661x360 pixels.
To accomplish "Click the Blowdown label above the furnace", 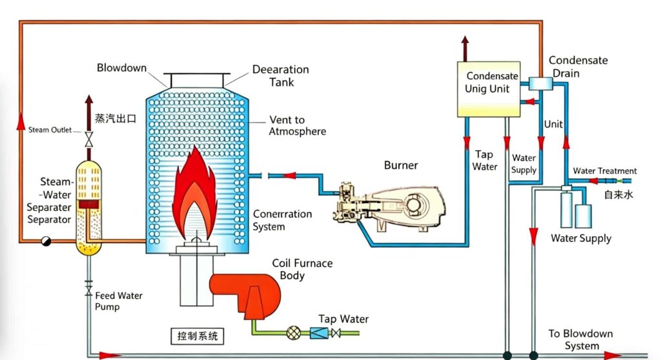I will pyautogui.click(x=122, y=68).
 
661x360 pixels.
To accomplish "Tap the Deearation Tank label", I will pyautogui.click(x=280, y=75).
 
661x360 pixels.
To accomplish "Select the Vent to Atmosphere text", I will pyautogui.click(x=297, y=126).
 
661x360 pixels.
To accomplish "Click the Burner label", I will pyautogui.click(x=400, y=165).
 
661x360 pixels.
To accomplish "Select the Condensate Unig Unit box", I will pyautogui.click(x=489, y=89).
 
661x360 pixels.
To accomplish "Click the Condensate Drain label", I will pyautogui.click(x=578, y=66).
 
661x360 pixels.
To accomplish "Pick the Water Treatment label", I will pyautogui.click(x=605, y=171).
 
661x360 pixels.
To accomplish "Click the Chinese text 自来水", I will pyautogui.click(x=618, y=193).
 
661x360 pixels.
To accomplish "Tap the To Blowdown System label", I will pyautogui.click(x=581, y=340).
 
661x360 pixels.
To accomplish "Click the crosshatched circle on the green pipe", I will pyautogui.click(x=293, y=333).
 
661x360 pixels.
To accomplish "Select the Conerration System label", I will pyautogui.click(x=282, y=220).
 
